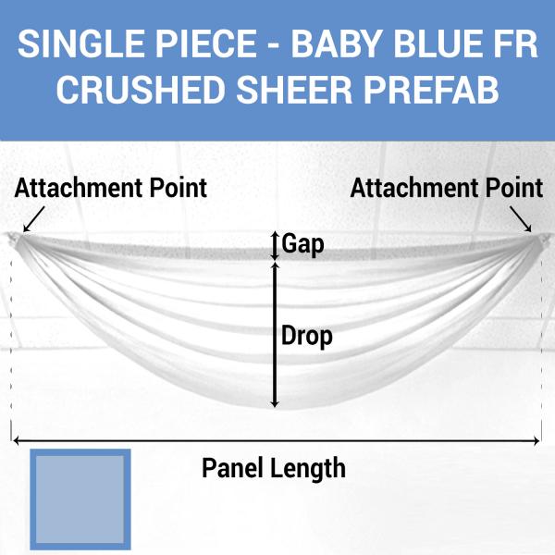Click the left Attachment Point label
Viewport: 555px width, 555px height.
point(111,189)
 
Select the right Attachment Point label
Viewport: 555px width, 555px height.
point(447,189)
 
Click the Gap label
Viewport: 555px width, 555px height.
point(302,244)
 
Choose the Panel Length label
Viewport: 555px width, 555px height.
point(274,468)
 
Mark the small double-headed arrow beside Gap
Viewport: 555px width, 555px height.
point(274,245)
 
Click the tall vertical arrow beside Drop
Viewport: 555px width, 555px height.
point(274,334)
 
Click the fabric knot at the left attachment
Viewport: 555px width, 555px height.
point(15,239)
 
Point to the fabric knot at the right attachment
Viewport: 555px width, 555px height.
point(538,239)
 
